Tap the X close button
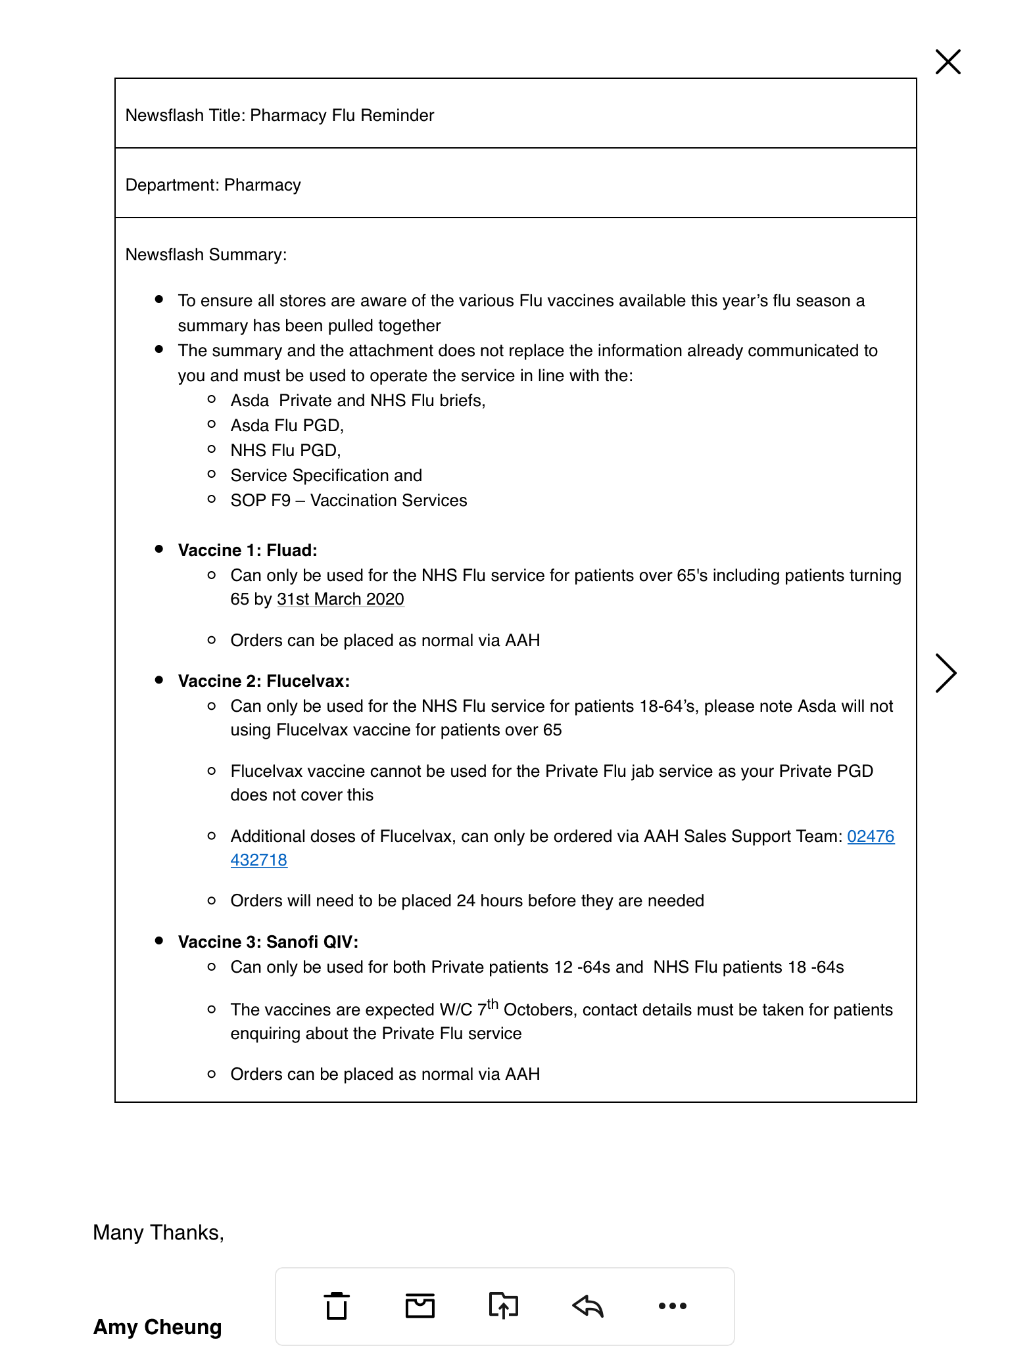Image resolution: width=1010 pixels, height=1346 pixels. click(x=948, y=62)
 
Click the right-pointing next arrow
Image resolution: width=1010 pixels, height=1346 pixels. click(x=946, y=673)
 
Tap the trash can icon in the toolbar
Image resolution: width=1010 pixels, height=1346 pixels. click(x=337, y=1305)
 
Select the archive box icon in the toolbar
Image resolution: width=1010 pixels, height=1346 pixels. click(x=420, y=1305)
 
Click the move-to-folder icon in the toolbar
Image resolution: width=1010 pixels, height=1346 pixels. click(x=504, y=1305)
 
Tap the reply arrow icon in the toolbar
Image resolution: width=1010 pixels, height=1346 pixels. click(x=588, y=1305)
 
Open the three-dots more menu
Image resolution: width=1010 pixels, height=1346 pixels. click(x=672, y=1305)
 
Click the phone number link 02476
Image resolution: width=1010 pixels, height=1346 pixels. click(x=870, y=836)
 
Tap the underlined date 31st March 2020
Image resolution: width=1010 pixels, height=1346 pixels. click(x=340, y=599)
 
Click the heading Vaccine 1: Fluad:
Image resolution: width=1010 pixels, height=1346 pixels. click(x=247, y=550)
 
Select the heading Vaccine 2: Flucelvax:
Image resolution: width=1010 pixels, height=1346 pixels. click(x=264, y=681)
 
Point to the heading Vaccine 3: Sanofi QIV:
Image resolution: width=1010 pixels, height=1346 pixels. click(x=268, y=942)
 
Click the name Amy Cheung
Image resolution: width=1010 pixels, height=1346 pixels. click(x=157, y=1327)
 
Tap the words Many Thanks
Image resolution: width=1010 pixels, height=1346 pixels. click(x=158, y=1232)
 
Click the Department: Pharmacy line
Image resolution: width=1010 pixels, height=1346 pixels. click(x=213, y=185)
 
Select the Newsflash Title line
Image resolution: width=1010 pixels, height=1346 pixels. click(x=279, y=115)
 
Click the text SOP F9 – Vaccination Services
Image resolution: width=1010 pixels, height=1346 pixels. click(x=349, y=500)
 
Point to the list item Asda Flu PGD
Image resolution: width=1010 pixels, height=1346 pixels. click(x=287, y=425)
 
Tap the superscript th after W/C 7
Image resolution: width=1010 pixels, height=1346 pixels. click(x=493, y=1004)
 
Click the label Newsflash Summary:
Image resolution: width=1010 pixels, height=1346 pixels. click(x=206, y=254)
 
